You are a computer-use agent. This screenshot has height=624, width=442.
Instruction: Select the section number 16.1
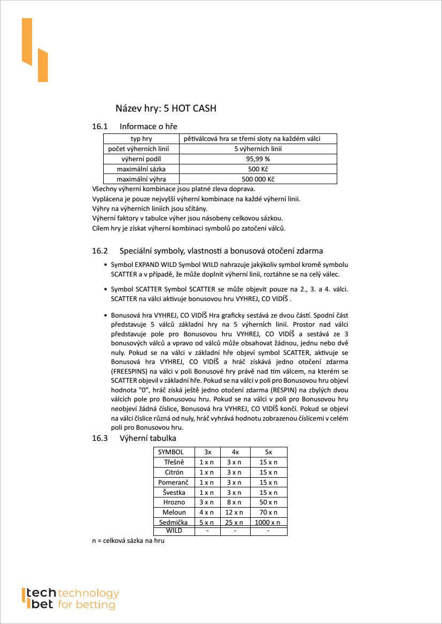coord(100,127)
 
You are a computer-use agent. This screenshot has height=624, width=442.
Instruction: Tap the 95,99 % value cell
coord(258,159)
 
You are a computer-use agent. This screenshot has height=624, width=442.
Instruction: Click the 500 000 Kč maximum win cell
coord(258,179)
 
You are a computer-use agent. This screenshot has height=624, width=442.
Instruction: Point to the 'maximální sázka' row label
coord(141,169)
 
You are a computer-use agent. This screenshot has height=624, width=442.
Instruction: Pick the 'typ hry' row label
coord(141,139)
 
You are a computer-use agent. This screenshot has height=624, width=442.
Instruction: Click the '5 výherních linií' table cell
coord(258,149)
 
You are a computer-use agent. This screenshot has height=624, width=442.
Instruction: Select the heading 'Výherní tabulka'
coord(148,438)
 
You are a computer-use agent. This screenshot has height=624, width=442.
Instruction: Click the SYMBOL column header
coord(170,452)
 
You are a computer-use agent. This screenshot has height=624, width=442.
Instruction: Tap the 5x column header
coord(268,452)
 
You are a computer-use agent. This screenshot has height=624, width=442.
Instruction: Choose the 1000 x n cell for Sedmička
coord(268,523)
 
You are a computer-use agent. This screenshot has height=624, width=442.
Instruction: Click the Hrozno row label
coord(174,502)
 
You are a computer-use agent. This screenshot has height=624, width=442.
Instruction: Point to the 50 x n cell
coord(268,502)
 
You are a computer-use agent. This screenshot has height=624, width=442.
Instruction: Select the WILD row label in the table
coord(174,531)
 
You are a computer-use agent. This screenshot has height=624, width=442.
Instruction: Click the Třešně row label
coord(174,462)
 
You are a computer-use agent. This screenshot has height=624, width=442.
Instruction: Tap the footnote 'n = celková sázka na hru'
coord(128,541)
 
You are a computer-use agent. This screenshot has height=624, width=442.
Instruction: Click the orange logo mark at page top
coord(34,50)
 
